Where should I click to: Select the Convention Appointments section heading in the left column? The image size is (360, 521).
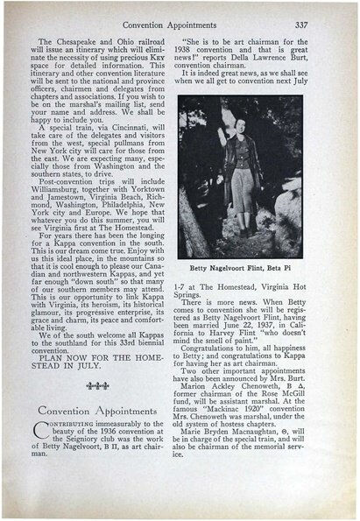coord(92,410)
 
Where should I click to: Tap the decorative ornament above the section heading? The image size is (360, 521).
coord(91,386)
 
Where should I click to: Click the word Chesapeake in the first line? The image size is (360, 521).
coord(84,42)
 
